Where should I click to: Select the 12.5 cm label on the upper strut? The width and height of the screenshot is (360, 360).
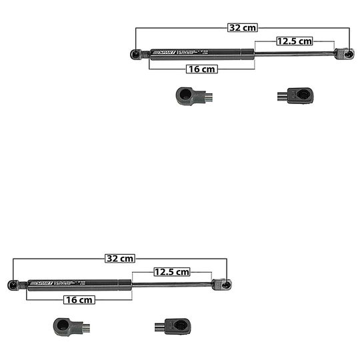coord(294,41)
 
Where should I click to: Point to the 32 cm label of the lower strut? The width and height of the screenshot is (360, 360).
coord(120,258)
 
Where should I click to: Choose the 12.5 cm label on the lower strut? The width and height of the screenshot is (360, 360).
coord(172,271)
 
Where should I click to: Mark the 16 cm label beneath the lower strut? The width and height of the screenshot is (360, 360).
coord(79,300)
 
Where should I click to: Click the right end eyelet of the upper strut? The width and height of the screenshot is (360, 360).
coord(347,53)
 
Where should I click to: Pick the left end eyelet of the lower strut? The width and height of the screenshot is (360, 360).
coord(13,285)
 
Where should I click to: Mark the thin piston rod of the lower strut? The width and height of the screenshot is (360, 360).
coord(171,284)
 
